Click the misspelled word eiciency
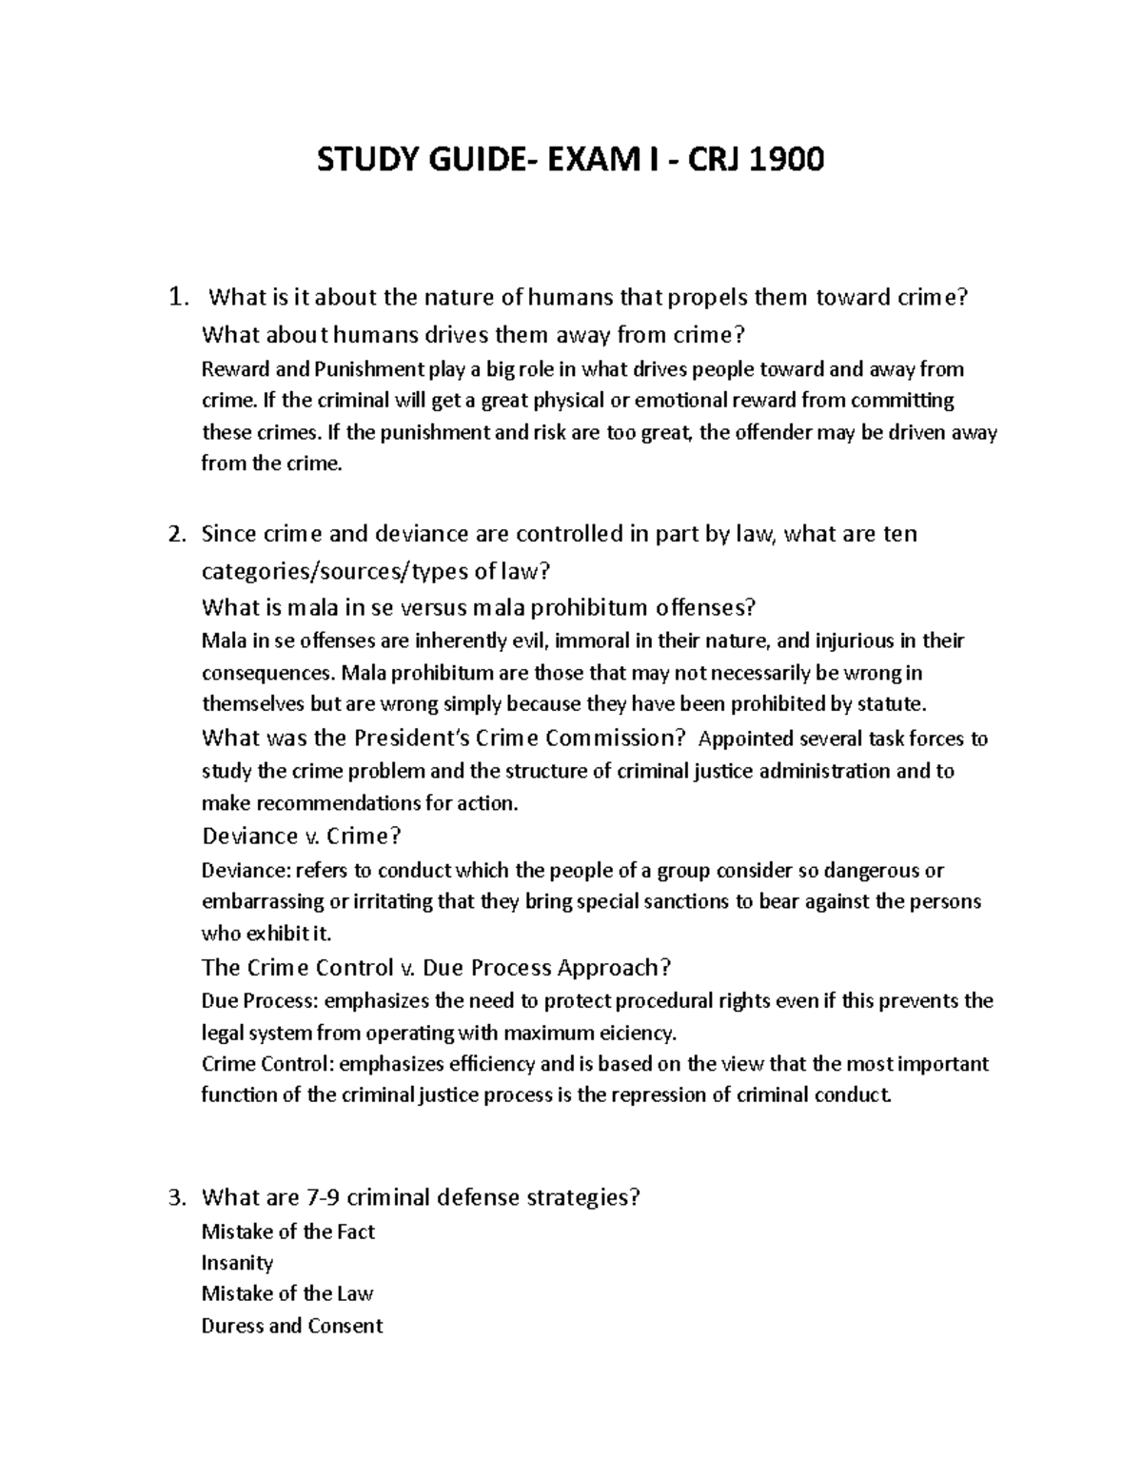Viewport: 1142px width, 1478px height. click(x=634, y=1033)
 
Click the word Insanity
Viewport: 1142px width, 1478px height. click(x=237, y=1263)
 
